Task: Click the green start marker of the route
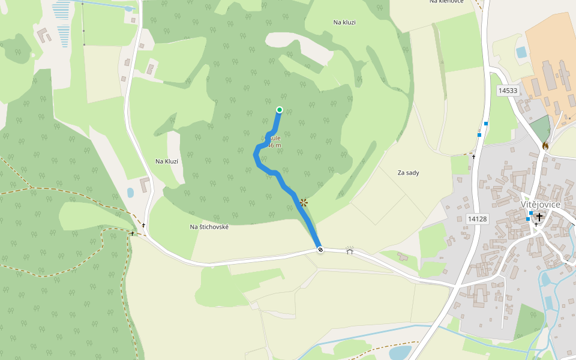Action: [279, 109]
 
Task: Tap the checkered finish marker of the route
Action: [320, 250]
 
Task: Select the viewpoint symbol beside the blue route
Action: [304, 203]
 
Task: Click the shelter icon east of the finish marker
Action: [350, 250]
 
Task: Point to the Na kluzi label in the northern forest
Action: [344, 22]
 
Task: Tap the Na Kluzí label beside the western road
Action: [167, 161]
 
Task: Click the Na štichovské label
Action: [209, 227]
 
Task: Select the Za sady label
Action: [408, 173]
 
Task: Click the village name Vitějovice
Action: [540, 205]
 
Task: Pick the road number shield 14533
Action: [508, 91]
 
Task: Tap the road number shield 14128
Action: [477, 219]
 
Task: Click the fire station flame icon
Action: [545, 145]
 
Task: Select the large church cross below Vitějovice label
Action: [539, 217]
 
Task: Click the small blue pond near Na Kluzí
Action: [131, 193]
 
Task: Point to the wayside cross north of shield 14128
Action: [473, 157]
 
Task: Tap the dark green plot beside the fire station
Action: [541, 128]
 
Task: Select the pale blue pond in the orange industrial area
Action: [521, 52]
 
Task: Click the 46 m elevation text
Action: [274, 145]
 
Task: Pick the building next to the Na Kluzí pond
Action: [145, 184]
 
